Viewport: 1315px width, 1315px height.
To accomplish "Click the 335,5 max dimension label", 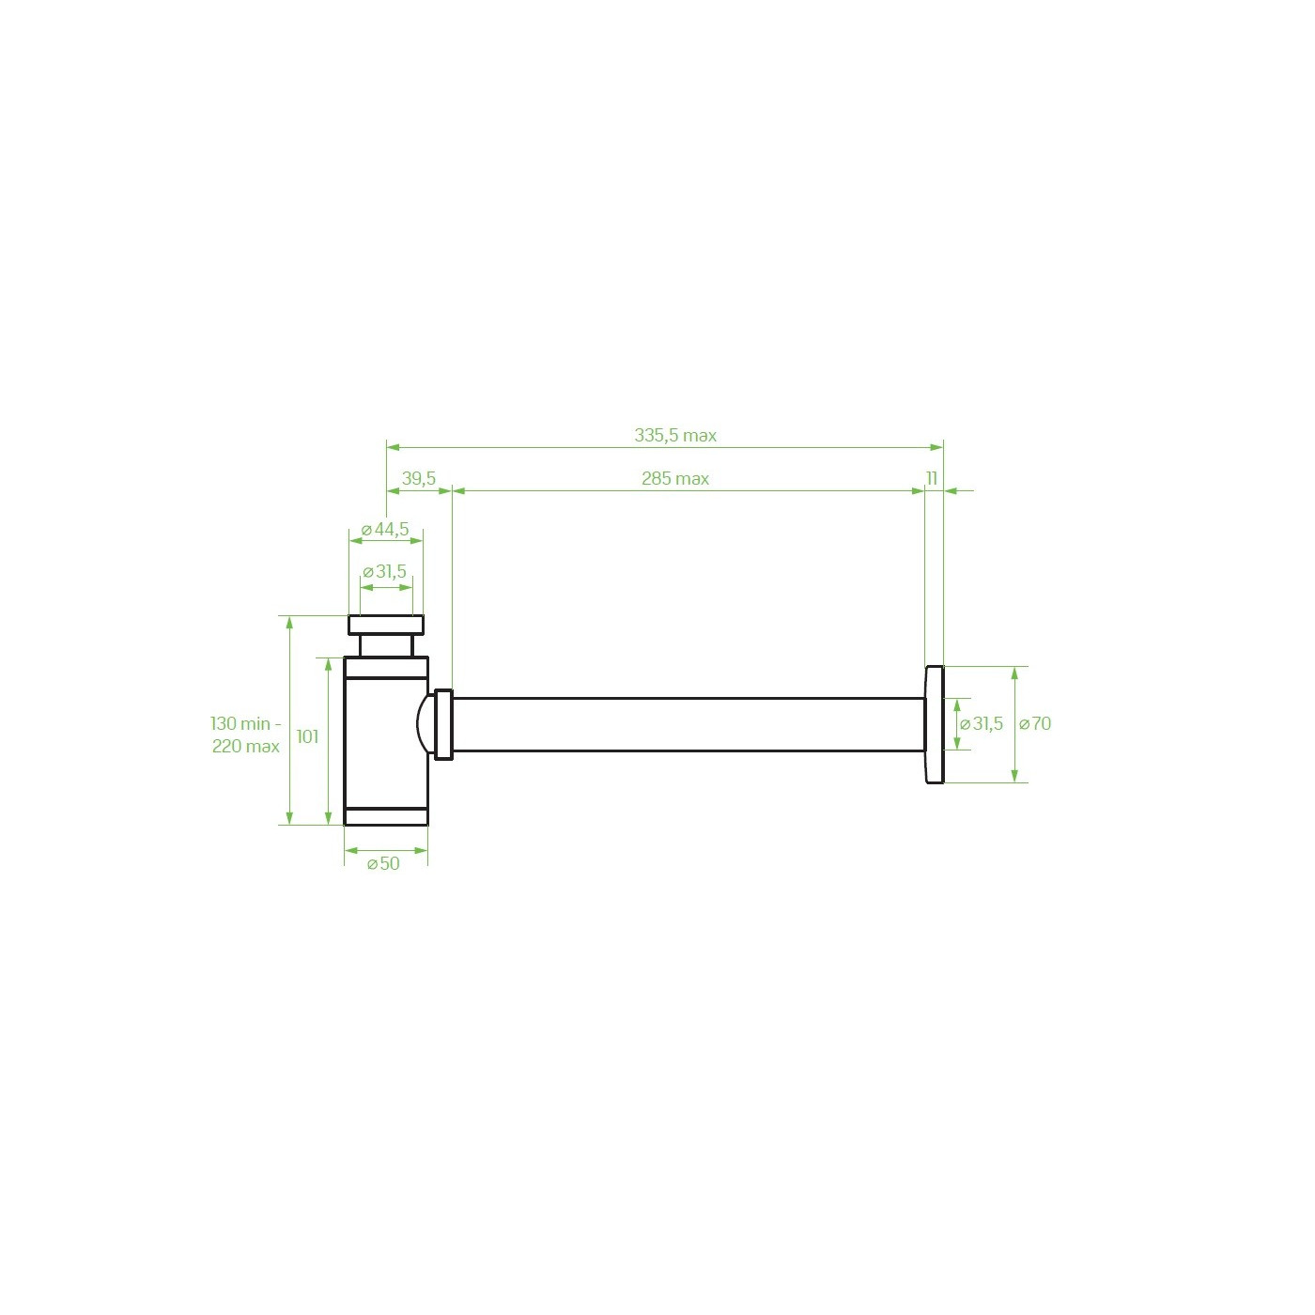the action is click(x=675, y=436).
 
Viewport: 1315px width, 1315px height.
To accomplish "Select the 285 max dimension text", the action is click(x=675, y=479).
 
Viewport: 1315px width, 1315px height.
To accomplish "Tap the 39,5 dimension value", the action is click(x=418, y=479).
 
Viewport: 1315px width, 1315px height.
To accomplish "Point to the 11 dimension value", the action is click(x=932, y=479).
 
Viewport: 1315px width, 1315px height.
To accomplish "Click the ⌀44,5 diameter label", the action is click(x=385, y=530).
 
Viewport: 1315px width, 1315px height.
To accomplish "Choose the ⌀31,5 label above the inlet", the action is click(x=384, y=572).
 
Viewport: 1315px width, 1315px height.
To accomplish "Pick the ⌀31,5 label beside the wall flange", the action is click(x=982, y=724).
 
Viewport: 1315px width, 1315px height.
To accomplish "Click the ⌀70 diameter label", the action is click(x=1034, y=724).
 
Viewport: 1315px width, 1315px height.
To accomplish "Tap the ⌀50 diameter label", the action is click(x=383, y=864).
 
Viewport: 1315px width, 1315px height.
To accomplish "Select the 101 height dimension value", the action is click(x=307, y=737).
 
